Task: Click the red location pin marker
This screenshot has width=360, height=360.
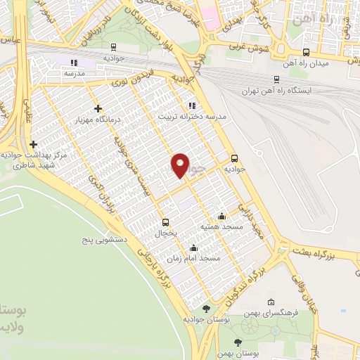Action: coord(181,165)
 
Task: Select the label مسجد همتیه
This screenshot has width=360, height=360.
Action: coord(221,226)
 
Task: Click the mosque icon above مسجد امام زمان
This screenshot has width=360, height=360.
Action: coord(193,247)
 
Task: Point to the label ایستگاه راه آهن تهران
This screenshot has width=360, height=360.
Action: coord(275,91)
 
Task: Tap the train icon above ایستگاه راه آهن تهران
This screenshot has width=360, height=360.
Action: coord(276,80)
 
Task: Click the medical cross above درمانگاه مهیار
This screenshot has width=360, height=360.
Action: coord(98,108)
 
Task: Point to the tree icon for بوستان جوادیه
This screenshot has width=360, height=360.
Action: coord(205,308)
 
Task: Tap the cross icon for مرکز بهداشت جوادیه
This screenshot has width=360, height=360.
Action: coord(33,144)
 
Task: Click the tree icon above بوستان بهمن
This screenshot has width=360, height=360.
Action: coord(238,341)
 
